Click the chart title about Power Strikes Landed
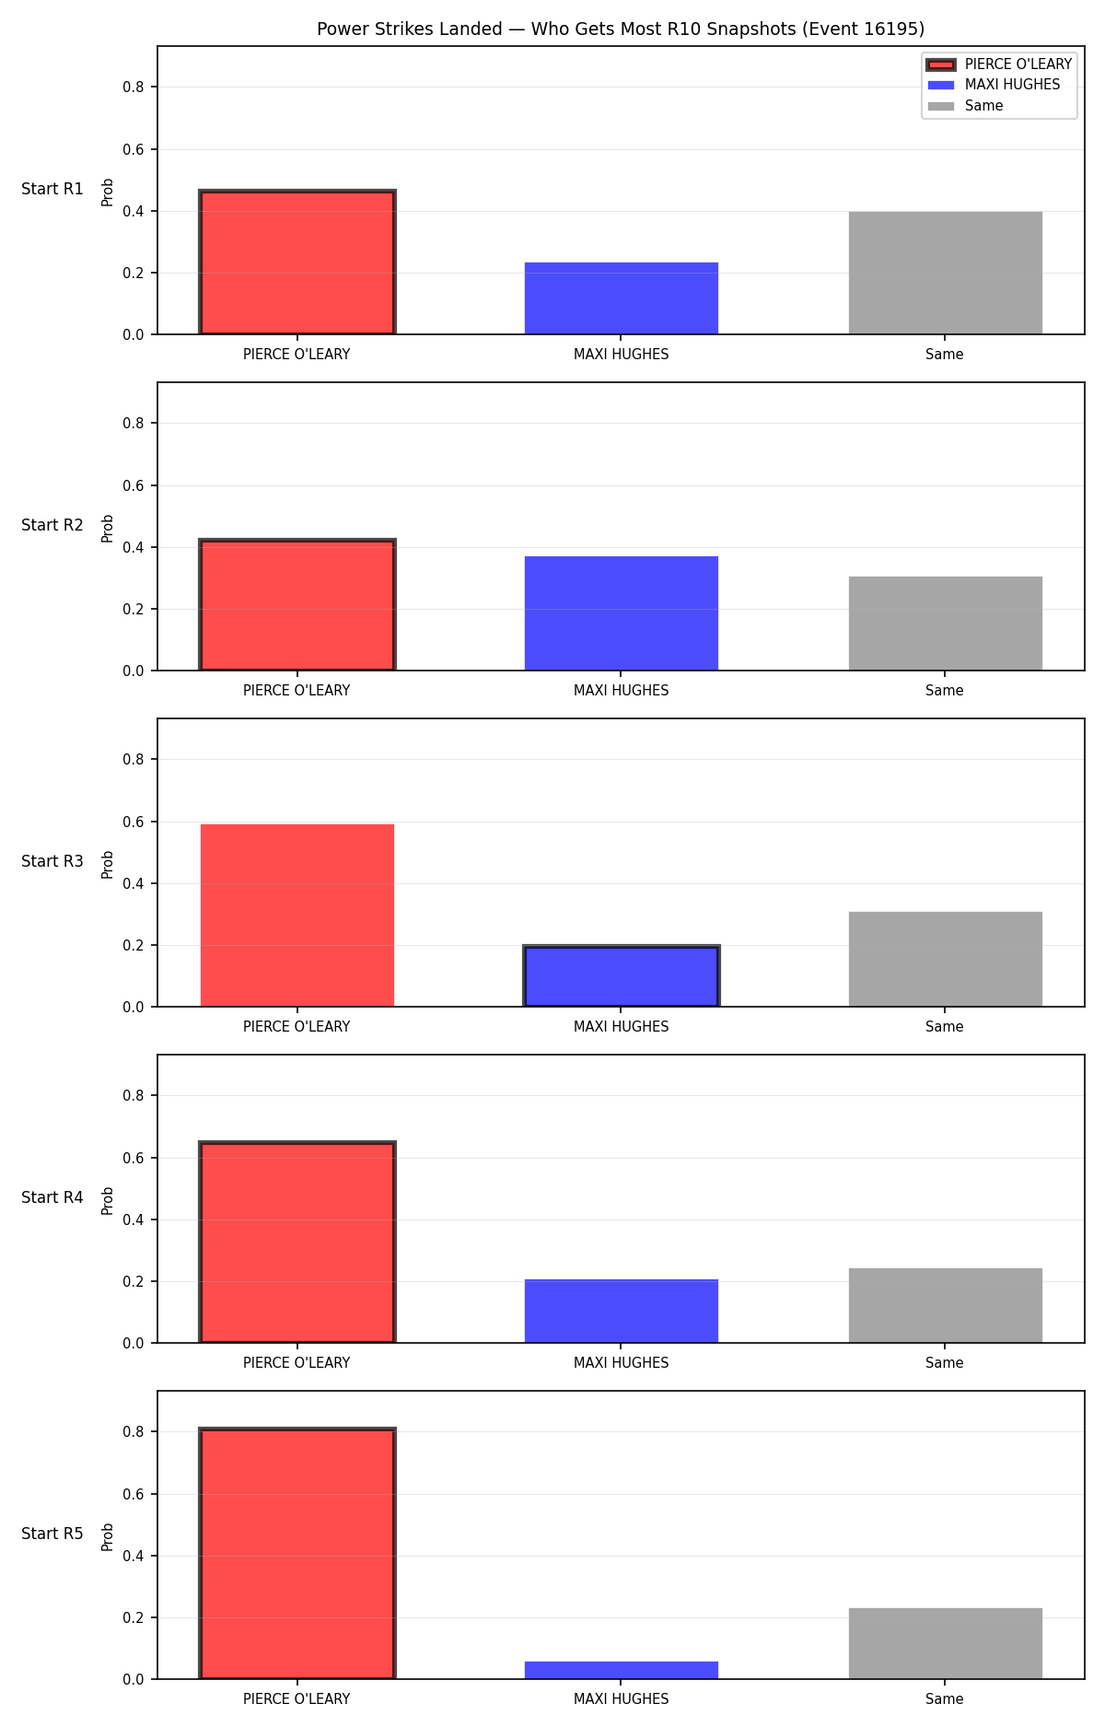(x=621, y=29)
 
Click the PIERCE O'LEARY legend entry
(x=999, y=64)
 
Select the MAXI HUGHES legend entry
(x=994, y=85)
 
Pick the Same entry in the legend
(x=965, y=106)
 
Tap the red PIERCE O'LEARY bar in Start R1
(x=297, y=263)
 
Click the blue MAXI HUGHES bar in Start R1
(x=622, y=298)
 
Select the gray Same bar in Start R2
(x=946, y=624)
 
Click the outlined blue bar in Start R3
(x=622, y=976)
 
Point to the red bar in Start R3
(x=297, y=916)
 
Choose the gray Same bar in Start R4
(x=946, y=1305)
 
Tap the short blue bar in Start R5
(x=622, y=1670)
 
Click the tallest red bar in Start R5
(x=297, y=1554)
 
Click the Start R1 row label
(x=52, y=189)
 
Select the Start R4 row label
(x=52, y=1197)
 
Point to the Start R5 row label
(x=52, y=1534)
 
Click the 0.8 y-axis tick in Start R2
(x=134, y=424)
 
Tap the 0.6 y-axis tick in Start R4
(x=134, y=1158)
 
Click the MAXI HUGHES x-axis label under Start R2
(x=622, y=691)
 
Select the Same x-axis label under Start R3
(x=945, y=1027)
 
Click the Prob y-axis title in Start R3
(x=108, y=864)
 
